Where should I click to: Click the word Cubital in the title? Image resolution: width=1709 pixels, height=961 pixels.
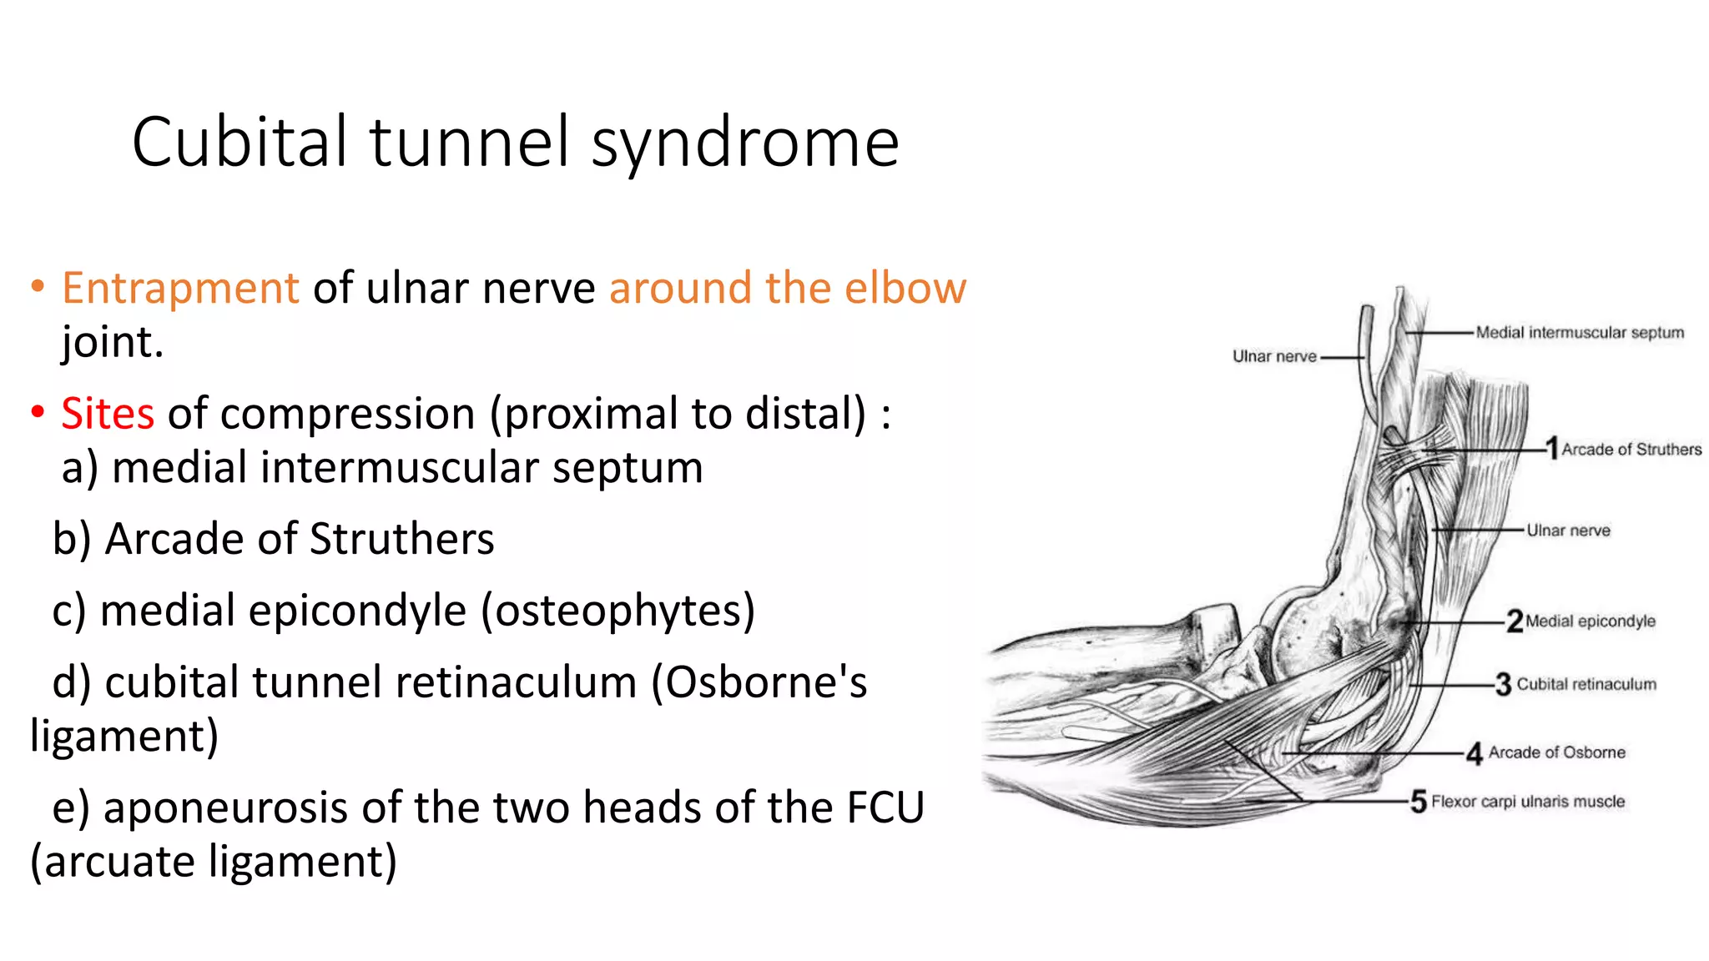239,142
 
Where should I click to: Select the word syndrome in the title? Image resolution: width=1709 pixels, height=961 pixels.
745,143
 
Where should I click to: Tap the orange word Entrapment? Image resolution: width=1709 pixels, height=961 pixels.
180,289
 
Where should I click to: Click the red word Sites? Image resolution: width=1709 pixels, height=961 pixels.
108,414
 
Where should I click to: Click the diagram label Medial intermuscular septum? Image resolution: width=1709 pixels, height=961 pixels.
1579,333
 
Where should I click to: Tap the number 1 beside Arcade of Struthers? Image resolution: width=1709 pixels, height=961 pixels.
1551,448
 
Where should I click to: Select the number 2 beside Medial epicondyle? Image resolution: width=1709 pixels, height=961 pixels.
1515,621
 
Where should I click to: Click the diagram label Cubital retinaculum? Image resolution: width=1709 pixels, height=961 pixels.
1585,684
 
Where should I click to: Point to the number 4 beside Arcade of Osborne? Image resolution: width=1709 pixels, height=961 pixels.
1475,753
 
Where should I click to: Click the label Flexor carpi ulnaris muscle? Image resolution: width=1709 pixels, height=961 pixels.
1528,802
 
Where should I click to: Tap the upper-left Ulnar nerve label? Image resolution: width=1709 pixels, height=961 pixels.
1274,356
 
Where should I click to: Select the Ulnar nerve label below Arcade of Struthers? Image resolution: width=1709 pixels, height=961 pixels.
1568,531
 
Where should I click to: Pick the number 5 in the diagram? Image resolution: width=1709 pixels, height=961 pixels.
1419,802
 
